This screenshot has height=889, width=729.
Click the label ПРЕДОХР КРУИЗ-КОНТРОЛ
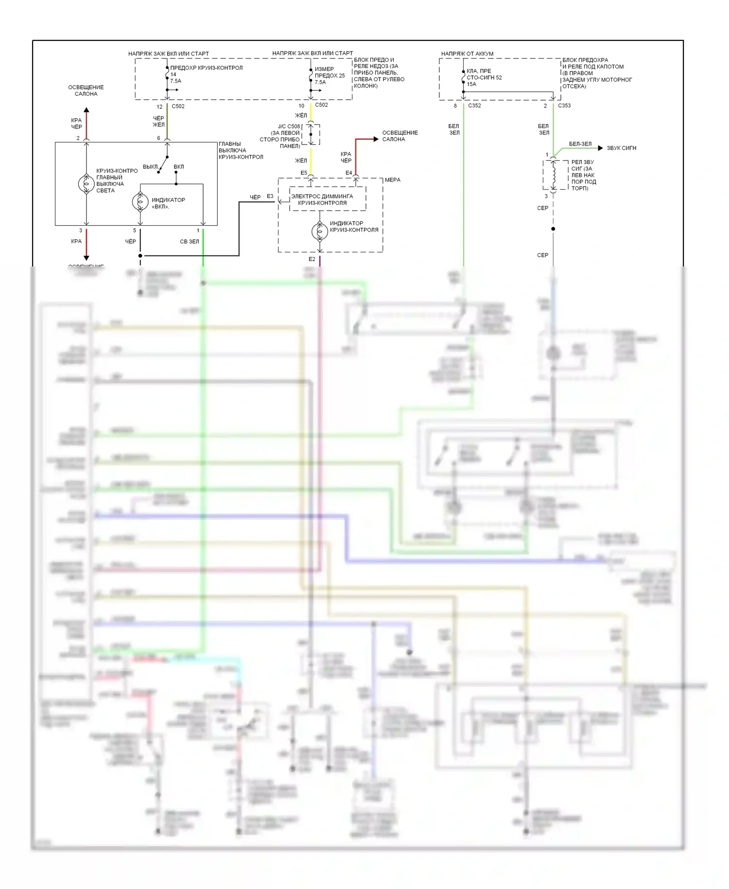click(206, 68)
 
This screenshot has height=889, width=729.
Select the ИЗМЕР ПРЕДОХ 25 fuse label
click(330, 72)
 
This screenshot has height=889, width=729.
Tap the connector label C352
click(474, 106)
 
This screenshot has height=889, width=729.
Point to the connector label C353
click(564, 106)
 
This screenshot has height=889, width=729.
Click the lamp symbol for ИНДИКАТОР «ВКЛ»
click(140, 202)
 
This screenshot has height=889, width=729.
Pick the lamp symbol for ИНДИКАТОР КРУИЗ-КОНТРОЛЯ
click(320, 231)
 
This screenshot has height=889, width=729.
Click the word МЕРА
click(393, 180)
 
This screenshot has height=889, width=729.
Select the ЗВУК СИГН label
click(621, 148)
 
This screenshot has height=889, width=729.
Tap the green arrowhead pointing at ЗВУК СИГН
click(601, 148)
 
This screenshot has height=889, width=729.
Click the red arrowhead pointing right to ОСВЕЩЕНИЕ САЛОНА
click(376, 139)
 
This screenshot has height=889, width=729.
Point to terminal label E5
click(304, 173)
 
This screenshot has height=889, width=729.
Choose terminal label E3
click(270, 196)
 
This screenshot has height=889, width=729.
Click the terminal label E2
click(312, 259)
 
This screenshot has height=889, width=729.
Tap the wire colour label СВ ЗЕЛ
click(190, 241)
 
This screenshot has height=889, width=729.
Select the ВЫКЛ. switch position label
click(151, 167)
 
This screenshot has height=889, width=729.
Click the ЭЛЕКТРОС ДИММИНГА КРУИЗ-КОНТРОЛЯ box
click(328, 199)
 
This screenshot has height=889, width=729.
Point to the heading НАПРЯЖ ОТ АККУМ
click(467, 53)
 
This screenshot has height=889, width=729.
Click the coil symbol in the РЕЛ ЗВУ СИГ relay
click(553, 175)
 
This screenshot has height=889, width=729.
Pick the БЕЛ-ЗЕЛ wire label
click(580, 144)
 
